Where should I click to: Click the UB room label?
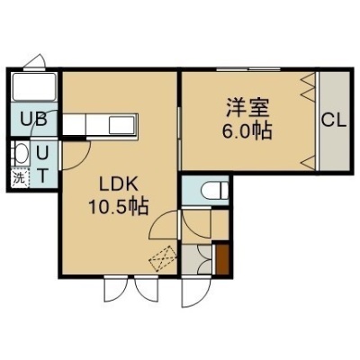pos(33,120)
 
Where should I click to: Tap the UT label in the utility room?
pos(42,164)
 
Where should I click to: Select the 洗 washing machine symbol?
pos(19,179)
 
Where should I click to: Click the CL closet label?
pos(334,121)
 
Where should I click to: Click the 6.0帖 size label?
pos(247,131)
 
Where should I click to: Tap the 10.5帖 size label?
pos(118,207)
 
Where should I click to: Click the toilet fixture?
pos(214,190)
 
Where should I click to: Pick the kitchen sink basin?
pos(122,125)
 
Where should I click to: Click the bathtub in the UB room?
pos(34,87)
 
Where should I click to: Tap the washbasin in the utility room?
pos(21,154)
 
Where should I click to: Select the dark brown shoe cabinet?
pos(222,259)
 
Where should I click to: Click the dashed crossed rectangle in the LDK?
pos(163,258)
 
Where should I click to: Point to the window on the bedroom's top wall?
pos(248,69)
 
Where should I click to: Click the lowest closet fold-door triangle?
pos(309,163)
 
